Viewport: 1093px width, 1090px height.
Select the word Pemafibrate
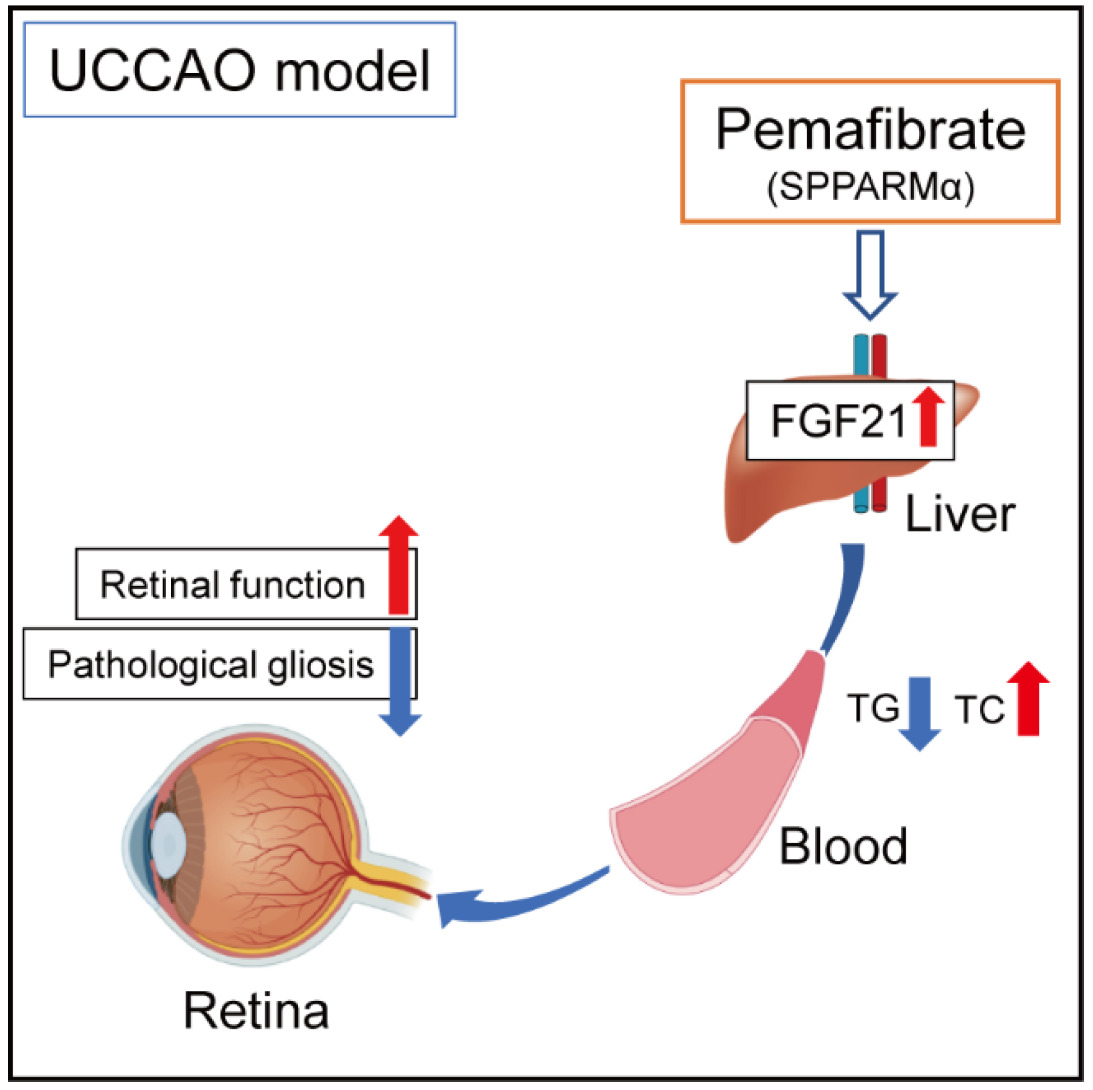(x=870, y=129)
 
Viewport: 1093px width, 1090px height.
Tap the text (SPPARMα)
(x=870, y=187)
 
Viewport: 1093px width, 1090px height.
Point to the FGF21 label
(x=839, y=421)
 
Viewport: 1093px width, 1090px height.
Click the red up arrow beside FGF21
(x=928, y=417)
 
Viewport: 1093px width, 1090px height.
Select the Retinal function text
(x=233, y=585)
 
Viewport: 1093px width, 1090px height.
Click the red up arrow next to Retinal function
(x=399, y=565)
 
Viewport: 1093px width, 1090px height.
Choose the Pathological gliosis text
(x=211, y=665)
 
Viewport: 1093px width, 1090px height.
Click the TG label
(x=873, y=707)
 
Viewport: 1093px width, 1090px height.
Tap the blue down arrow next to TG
(x=919, y=713)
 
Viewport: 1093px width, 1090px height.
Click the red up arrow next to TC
(x=1028, y=699)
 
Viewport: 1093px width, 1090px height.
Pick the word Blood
(x=843, y=846)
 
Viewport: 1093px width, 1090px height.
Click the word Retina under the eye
(x=256, y=1010)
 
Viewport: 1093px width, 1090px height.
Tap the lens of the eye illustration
(x=167, y=845)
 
